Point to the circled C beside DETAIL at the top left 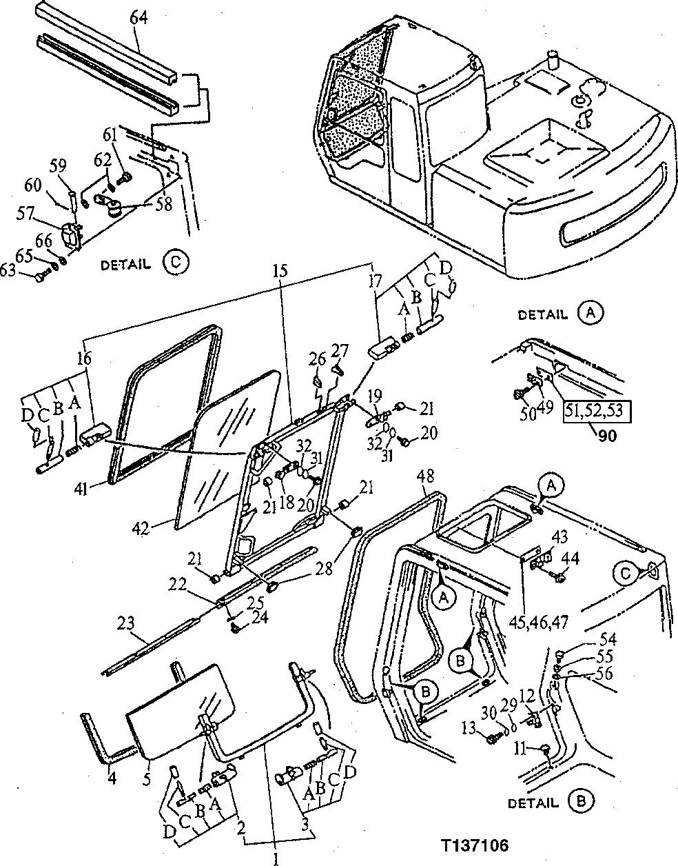(x=174, y=263)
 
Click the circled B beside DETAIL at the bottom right (x=580, y=802)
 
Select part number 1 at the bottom (x=276, y=858)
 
